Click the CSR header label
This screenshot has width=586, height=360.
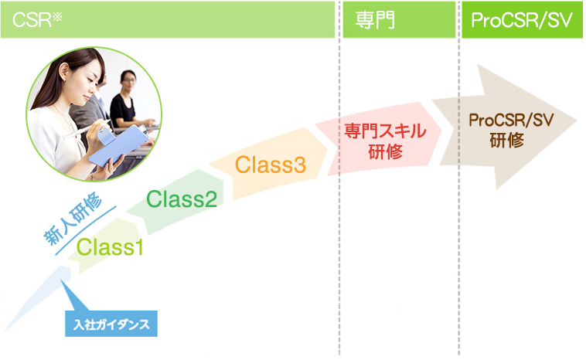click(37, 20)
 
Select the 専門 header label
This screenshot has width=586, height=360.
click(375, 20)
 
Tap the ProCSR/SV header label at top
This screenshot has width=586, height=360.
click(522, 20)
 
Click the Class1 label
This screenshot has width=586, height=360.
click(111, 247)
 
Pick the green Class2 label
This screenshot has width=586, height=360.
click(182, 199)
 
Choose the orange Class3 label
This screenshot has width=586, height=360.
click(271, 165)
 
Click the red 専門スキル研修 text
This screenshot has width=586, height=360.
click(385, 141)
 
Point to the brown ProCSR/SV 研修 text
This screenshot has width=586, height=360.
click(511, 130)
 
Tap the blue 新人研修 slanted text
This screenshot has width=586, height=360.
click(73, 218)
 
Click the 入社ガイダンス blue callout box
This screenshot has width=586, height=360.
click(111, 324)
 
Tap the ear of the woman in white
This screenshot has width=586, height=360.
click(65, 71)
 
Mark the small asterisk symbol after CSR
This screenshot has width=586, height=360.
click(57, 16)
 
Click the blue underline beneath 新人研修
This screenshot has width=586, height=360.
click(86, 230)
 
